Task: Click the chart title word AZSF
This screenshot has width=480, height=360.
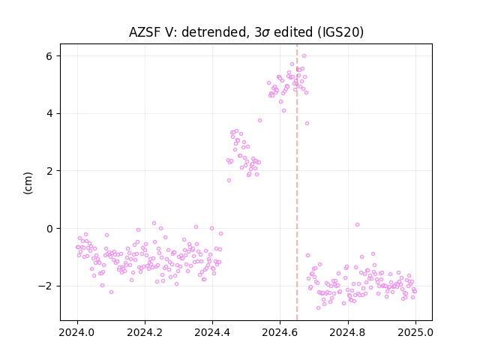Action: point(145,32)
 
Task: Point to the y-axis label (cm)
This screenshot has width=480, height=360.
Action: point(28,183)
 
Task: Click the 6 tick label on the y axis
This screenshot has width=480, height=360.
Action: point(49,56)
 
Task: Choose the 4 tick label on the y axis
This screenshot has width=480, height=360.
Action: point(49,113)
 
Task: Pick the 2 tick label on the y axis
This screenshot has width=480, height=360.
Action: point(49,171)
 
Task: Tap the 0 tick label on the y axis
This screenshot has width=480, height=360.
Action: point(49,229)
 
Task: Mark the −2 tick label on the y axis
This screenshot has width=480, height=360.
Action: point(45,286)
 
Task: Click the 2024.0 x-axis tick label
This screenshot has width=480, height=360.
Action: point(77,332)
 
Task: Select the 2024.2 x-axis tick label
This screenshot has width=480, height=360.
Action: point(145,332)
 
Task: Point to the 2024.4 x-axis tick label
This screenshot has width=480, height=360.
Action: point(212,332)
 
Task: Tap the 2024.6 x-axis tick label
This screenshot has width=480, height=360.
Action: point(280,332)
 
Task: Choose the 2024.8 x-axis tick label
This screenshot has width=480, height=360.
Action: point(348,332)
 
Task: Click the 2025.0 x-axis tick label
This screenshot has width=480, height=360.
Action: point(415,332)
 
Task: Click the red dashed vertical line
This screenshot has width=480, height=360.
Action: point(297,182)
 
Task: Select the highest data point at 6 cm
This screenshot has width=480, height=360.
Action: point(304,55)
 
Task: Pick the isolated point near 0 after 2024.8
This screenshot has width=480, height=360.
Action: point(357,225)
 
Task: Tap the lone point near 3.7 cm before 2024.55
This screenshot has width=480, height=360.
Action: point(260,120)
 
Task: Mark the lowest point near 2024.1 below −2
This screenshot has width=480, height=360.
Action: point(112,292)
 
